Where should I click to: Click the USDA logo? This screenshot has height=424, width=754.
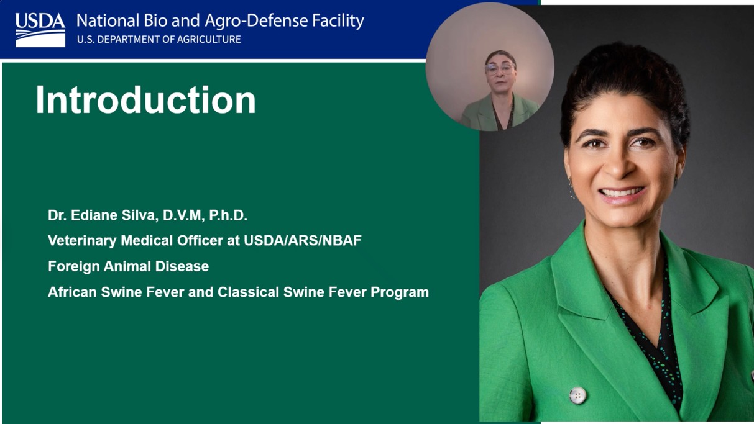[40, 30]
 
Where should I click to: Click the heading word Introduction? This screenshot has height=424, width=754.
[145, 100]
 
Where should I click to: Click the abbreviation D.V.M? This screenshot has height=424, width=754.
[182, 215]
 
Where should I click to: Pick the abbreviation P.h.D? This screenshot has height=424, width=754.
[228, 215]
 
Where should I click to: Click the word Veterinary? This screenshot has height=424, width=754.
[82, 241]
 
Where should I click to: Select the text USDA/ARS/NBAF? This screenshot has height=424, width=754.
[302, 240]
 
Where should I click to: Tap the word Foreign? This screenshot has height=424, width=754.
[73, 267]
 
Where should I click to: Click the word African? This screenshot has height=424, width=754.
[72, 292]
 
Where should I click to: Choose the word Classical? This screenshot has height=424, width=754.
[248, 292]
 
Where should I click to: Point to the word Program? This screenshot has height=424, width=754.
[400, 292]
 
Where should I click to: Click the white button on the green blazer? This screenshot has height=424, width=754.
[577, 395]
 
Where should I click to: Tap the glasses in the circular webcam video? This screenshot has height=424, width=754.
[500, 69]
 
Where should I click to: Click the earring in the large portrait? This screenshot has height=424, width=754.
[571, 188]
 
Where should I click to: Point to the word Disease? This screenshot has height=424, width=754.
[182, 266]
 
